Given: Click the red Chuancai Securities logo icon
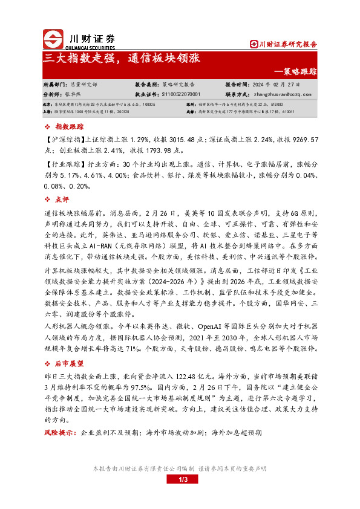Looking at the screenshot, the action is pyautogui.click(x=53, y=39).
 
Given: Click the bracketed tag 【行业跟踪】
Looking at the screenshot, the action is pyautogui.click(x=64, y=164).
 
